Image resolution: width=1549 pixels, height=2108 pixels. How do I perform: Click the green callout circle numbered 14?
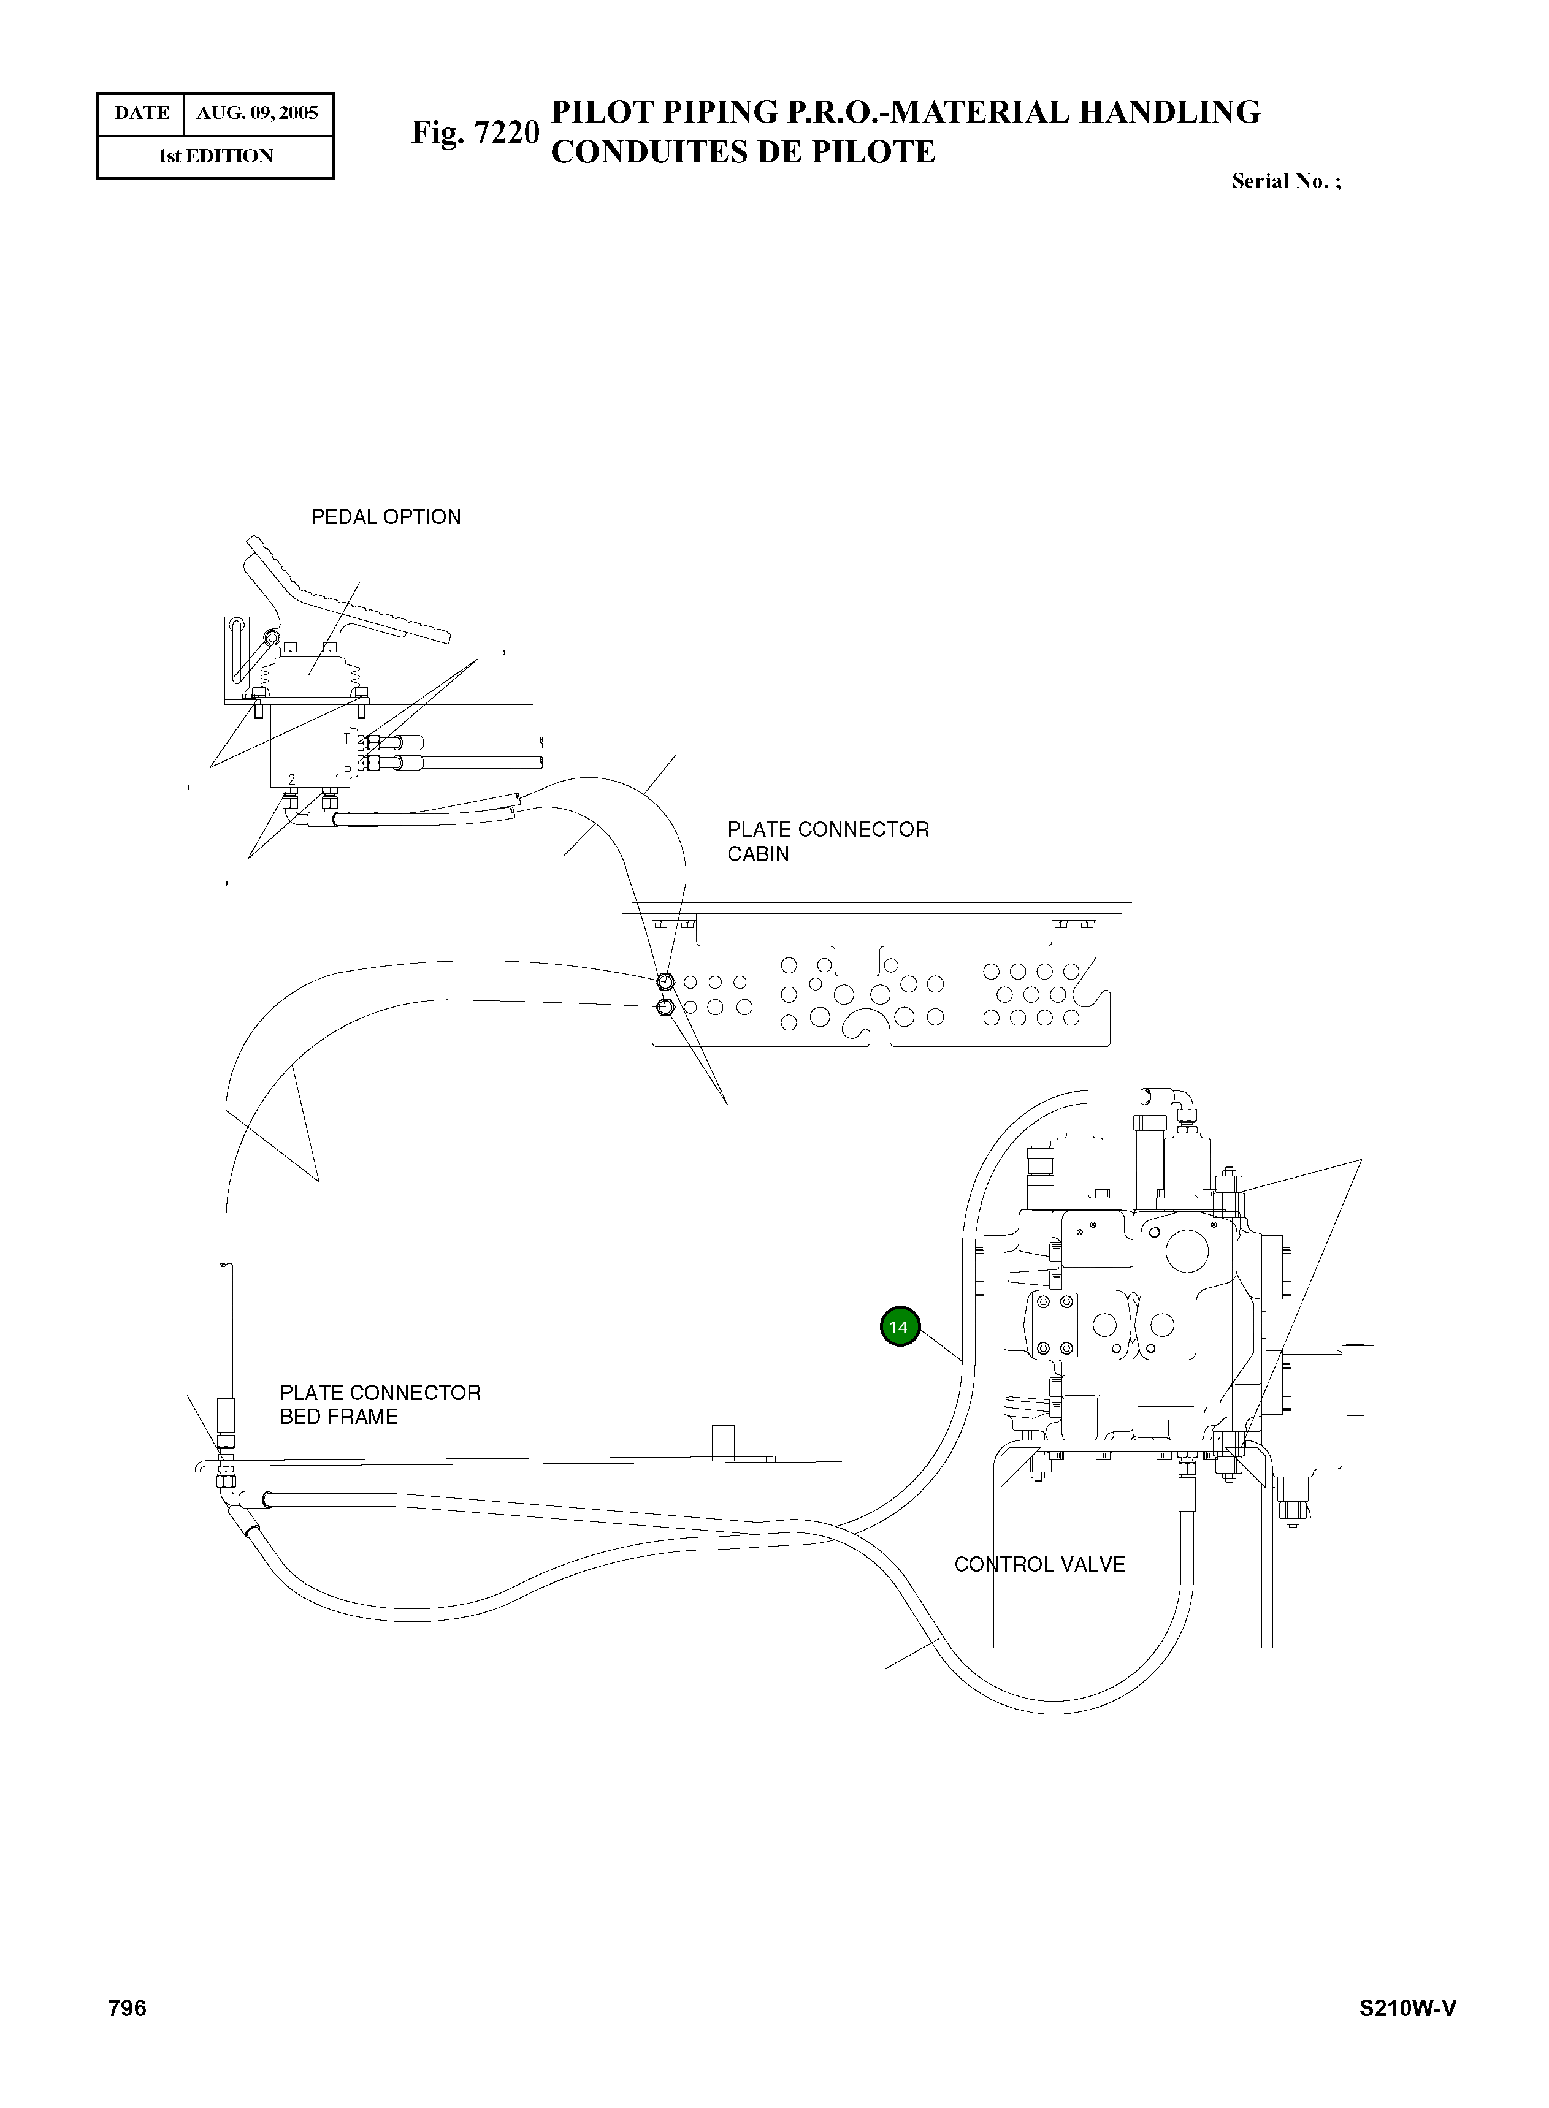click(x=899, y=1326)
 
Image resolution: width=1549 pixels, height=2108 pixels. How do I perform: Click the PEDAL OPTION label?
click(x=385, y=517)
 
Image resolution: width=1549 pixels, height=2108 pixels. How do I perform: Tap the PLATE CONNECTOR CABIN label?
click(x=827, y=841)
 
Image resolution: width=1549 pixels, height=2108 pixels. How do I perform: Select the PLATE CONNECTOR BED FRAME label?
click(x=380, y=1404)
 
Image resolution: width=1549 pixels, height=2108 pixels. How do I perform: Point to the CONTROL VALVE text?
click(x=1039, y=1564)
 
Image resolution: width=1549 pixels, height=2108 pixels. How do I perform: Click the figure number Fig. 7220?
click(x=475, y=132)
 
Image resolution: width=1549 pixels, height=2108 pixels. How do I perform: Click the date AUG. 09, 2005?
click(x=257, y=113)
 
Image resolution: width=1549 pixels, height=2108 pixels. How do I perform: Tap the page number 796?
click(x=128, y=2007)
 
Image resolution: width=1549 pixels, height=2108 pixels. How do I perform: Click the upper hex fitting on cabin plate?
click(x=665, y=981)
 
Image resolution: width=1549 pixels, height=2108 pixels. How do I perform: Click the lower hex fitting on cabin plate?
click(x=665, y=1008)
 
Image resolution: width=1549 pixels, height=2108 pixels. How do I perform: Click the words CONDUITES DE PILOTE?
click(x=743, y=152)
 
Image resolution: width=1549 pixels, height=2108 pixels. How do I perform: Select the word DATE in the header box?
click(x=142, y=113)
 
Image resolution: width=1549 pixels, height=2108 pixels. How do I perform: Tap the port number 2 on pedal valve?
click(x=292, y=779)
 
